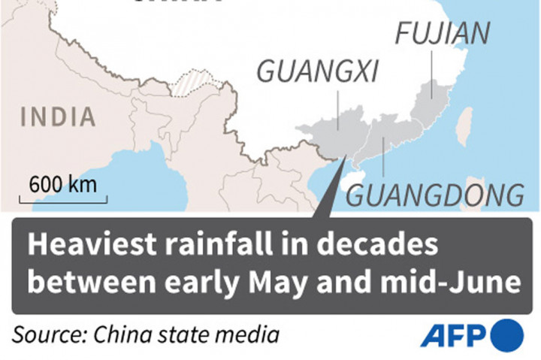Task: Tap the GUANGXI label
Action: [x=317, y=71]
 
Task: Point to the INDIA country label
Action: [x=59, y=117]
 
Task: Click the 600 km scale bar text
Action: [x=64, y=184]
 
